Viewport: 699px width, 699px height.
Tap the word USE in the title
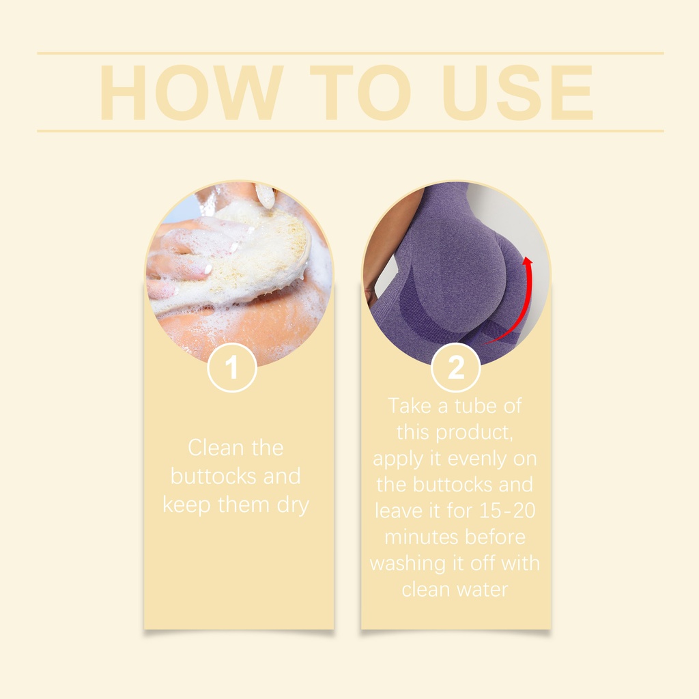(517, 92)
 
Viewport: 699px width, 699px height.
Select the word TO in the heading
(360, 92)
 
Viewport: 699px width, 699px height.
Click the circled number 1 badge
(232, 368)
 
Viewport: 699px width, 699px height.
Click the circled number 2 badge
(455, 368)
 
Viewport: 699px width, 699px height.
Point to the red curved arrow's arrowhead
(528, 263)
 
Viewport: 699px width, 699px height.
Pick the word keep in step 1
(186, 506)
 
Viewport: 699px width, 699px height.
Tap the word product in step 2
(474, 433)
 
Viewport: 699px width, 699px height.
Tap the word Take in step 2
(410, 406)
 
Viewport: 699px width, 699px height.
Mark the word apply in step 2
(398, 459)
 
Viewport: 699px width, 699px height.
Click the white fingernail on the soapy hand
(207, 268)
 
